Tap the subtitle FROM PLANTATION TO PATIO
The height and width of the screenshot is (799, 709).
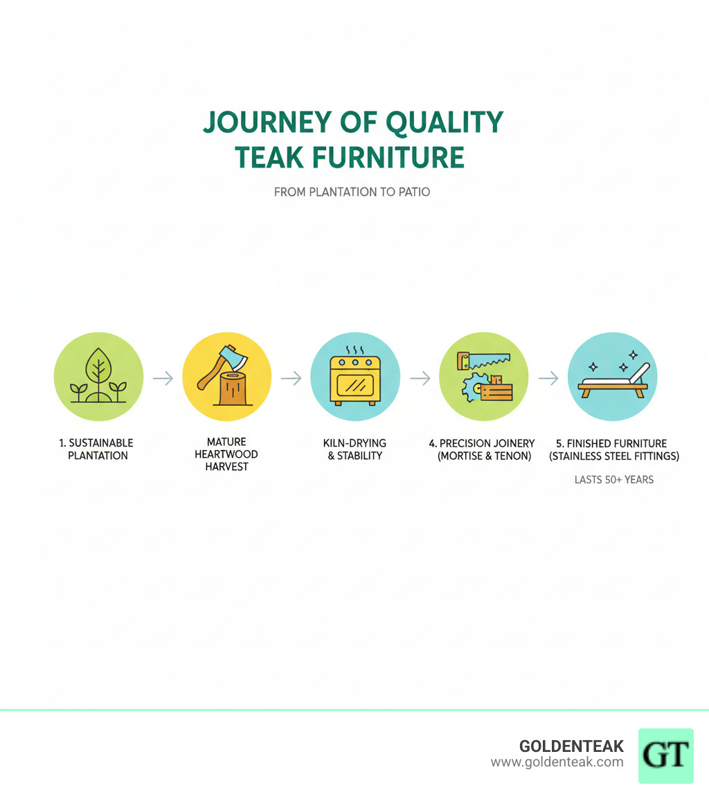tap(352, 192)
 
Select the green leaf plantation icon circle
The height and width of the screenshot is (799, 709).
tap(98, 377)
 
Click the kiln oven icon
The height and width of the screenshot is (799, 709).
tap(355, 381)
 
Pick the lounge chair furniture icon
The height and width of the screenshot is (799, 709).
tap(614, 382)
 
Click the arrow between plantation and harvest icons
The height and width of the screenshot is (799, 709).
tap(163, 378)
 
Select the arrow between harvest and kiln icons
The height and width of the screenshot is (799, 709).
tap(291, 378)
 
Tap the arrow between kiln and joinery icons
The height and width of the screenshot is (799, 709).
tap(420, 378)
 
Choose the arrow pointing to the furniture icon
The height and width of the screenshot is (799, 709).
tap(548, 378)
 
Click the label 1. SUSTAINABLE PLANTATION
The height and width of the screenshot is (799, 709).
tap(98, 449)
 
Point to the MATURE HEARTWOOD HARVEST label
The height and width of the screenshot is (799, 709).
tap(226, 454)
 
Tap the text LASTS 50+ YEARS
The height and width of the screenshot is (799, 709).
tap(613, 479)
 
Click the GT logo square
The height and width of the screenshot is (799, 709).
tap(665, 755)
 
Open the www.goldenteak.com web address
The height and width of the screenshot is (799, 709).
tap(557, 762)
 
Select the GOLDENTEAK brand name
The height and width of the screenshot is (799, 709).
tap(571, 746)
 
